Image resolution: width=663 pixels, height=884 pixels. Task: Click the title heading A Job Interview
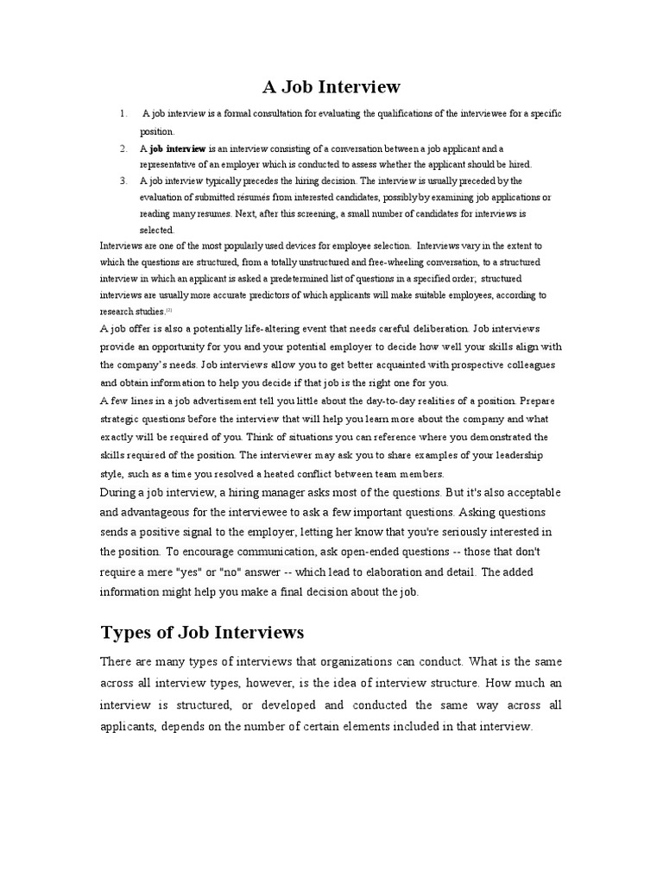click(331, 86)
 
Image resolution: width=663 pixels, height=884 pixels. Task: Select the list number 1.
click(123, 114)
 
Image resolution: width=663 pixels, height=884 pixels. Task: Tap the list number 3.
click(123, 180)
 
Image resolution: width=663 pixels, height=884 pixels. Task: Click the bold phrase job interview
click(178, 148)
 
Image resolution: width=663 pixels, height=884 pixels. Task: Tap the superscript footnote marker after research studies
click(170, 310)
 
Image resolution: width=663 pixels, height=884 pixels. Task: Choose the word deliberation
click(434, 328)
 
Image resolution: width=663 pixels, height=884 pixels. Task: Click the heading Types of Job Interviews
click(202, 633)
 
